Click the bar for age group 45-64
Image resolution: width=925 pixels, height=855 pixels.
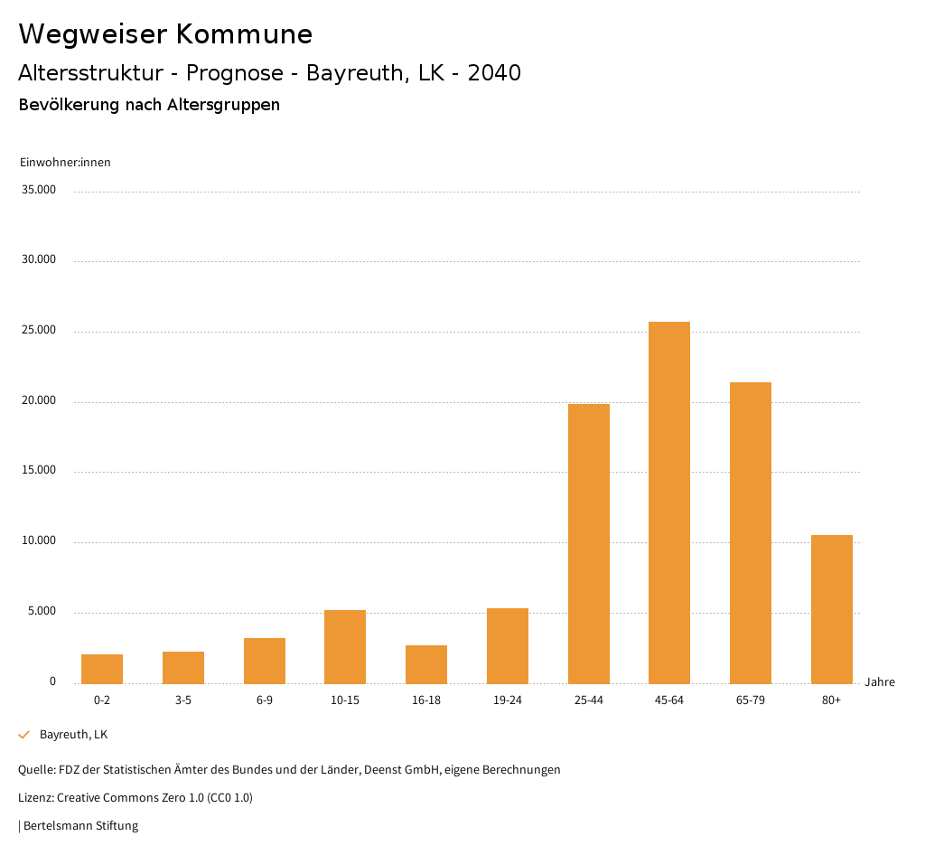coord(669,503)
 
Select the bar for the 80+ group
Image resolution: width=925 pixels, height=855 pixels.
coord(832,609)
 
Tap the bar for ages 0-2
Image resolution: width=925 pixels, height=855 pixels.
coord(102,669)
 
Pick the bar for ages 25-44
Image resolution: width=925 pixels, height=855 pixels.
coord(589,543)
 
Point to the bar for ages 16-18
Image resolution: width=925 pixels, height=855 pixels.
coord(426,664)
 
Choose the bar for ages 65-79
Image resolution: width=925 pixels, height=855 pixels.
coord(751,532)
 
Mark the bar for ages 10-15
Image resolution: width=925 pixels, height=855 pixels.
coord(345,646)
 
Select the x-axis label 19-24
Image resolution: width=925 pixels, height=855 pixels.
coord(508,700)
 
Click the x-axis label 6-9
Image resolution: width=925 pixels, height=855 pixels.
coord(265,700)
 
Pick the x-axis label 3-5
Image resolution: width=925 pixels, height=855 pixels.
coord(183,700)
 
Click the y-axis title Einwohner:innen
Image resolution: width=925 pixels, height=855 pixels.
coord(65,163)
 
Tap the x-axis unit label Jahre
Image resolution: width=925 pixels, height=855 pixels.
coord(880,682)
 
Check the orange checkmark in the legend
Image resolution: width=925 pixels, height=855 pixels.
coord(24,735)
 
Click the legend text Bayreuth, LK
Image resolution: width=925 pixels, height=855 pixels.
coord(73,735)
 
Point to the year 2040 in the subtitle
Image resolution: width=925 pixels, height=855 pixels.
coord(494,73)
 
